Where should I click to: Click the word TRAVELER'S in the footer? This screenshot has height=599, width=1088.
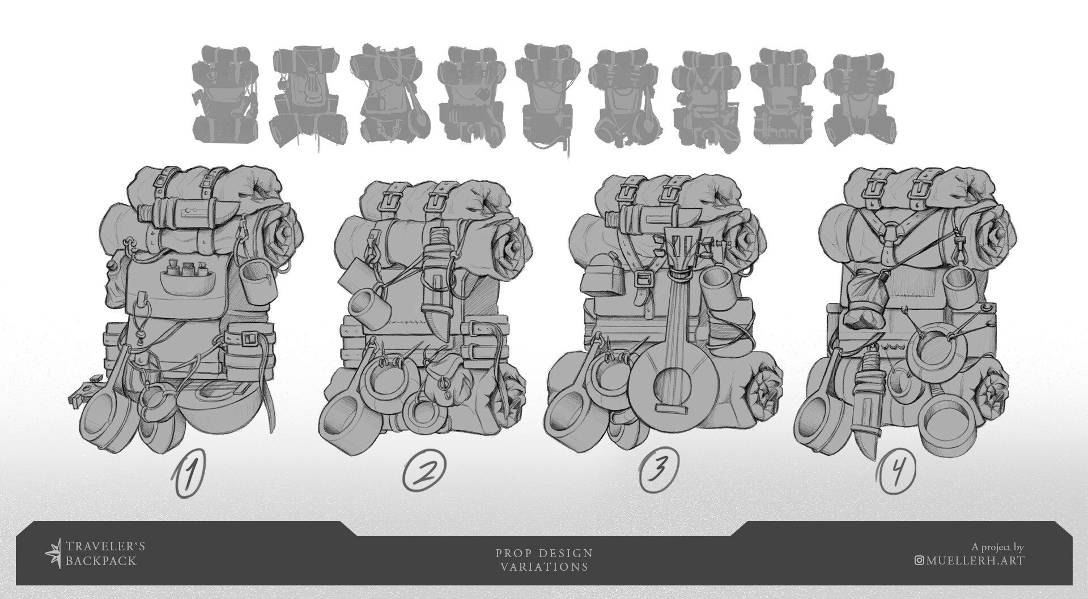click(105, 546)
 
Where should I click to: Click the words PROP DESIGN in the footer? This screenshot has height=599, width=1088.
click(544, 553)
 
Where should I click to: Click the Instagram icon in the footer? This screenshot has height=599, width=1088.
click(919, 561)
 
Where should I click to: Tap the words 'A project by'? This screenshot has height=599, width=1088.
click(997, 547)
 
